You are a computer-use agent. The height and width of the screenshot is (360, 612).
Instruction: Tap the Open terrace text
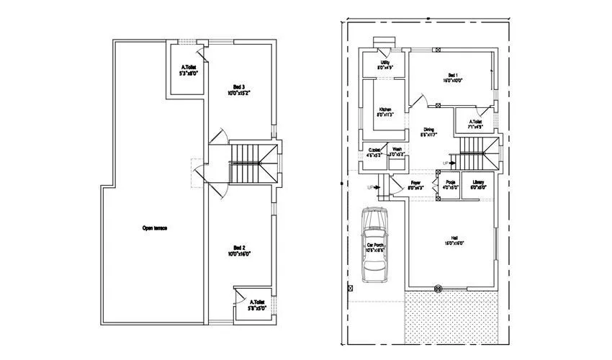[x=155, y=228]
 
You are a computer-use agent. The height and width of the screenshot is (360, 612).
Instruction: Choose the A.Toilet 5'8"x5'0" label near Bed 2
[x=258, y=305]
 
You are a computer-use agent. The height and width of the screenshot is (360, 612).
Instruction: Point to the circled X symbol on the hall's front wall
[x=437, y=288]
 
